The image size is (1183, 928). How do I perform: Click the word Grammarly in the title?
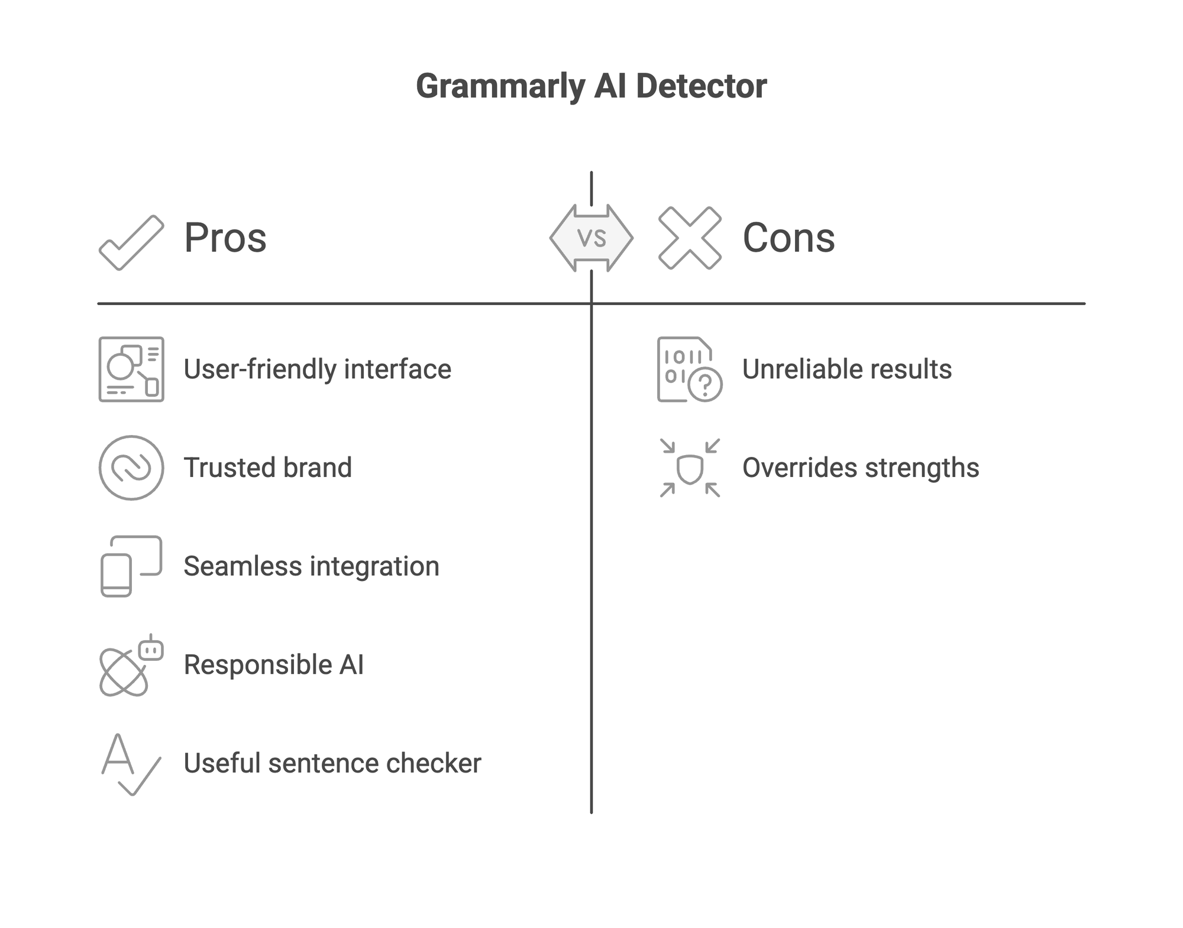(x=500, y=87)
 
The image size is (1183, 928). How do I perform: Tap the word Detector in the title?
(x=701, y=87)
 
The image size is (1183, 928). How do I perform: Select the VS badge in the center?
(x=591, y=238)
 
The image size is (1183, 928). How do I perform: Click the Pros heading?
(x=225, y=238)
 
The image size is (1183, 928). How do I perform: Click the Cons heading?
(x=788, y=238)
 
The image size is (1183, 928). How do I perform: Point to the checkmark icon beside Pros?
(x=131, y=242)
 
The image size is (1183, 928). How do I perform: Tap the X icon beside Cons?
(x=690, y=238)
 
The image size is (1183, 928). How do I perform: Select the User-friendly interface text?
(x=317, y=369)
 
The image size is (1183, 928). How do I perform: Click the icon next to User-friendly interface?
(x=131, y=369)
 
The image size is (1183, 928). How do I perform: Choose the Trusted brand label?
(x=267, y=468)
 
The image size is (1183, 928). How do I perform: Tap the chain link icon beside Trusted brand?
(x=131, y=468)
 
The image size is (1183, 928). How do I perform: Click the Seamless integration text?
(x=311, y=566)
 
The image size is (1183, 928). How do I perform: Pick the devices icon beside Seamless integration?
(x=131, y=566)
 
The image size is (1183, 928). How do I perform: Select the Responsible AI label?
(x=273, y=665)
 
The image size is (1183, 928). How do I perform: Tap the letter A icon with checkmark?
(x=130, y=764)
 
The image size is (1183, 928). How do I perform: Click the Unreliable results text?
(x=846, y=369)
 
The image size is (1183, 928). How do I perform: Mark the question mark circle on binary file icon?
(x=705, y=385)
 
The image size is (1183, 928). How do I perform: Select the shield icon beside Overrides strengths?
(x=690, y=469)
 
